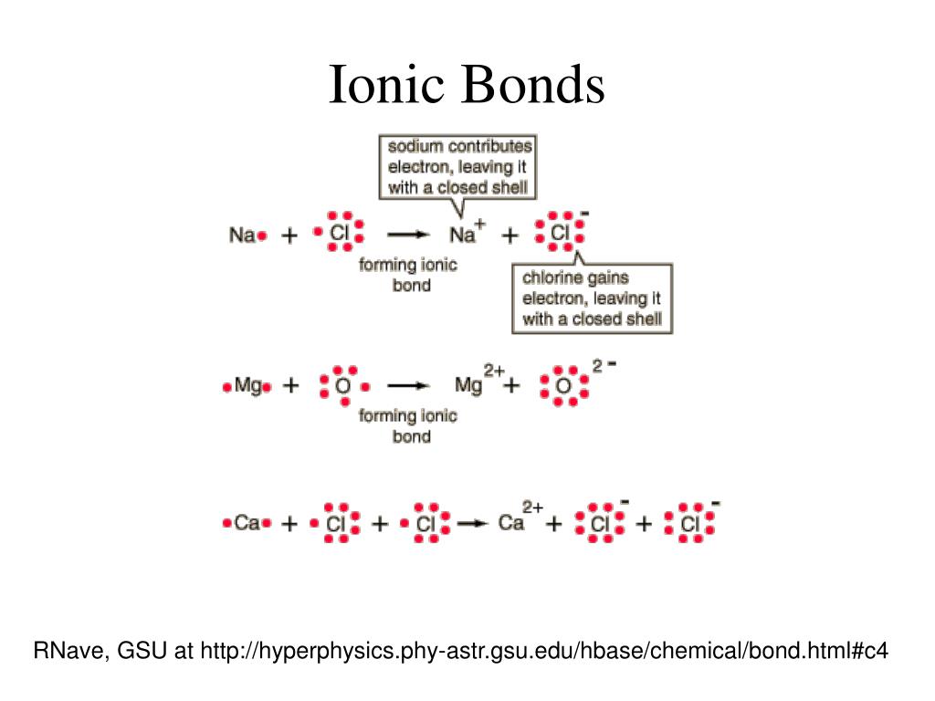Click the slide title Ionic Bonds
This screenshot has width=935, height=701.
pyautogui.click(x=467, y=85)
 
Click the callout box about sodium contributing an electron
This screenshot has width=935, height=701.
pyautogui.click(x=457, y=167)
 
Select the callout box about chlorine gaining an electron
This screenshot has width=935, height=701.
pyautogui.click(x=592, y=298)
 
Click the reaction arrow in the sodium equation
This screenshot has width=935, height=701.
pyautogui.click(x=407, y=235)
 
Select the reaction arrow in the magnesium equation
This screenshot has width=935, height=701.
pyautogui.click(x=407, y=386)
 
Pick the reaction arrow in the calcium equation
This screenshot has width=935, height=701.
pyautogui.click(x=472, y=524)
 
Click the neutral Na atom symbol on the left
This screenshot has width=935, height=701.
pyautogui.click(x=243, y=235)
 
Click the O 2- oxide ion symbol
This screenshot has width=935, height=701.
pyautogui.click(x=563, y=386)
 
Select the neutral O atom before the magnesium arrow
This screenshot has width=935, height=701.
pyautogui.click(x=343, y=386)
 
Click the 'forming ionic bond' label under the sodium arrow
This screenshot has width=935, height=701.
pyautogui.click(x=408, y=275)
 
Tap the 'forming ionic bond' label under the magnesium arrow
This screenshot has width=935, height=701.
pyautogui.click(x=408, y=426)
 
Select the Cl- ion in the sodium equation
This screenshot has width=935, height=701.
pyautogui.click(x=560, y=234)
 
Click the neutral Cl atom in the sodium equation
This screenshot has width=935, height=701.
pyautogui.click(x=340, y=234)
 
